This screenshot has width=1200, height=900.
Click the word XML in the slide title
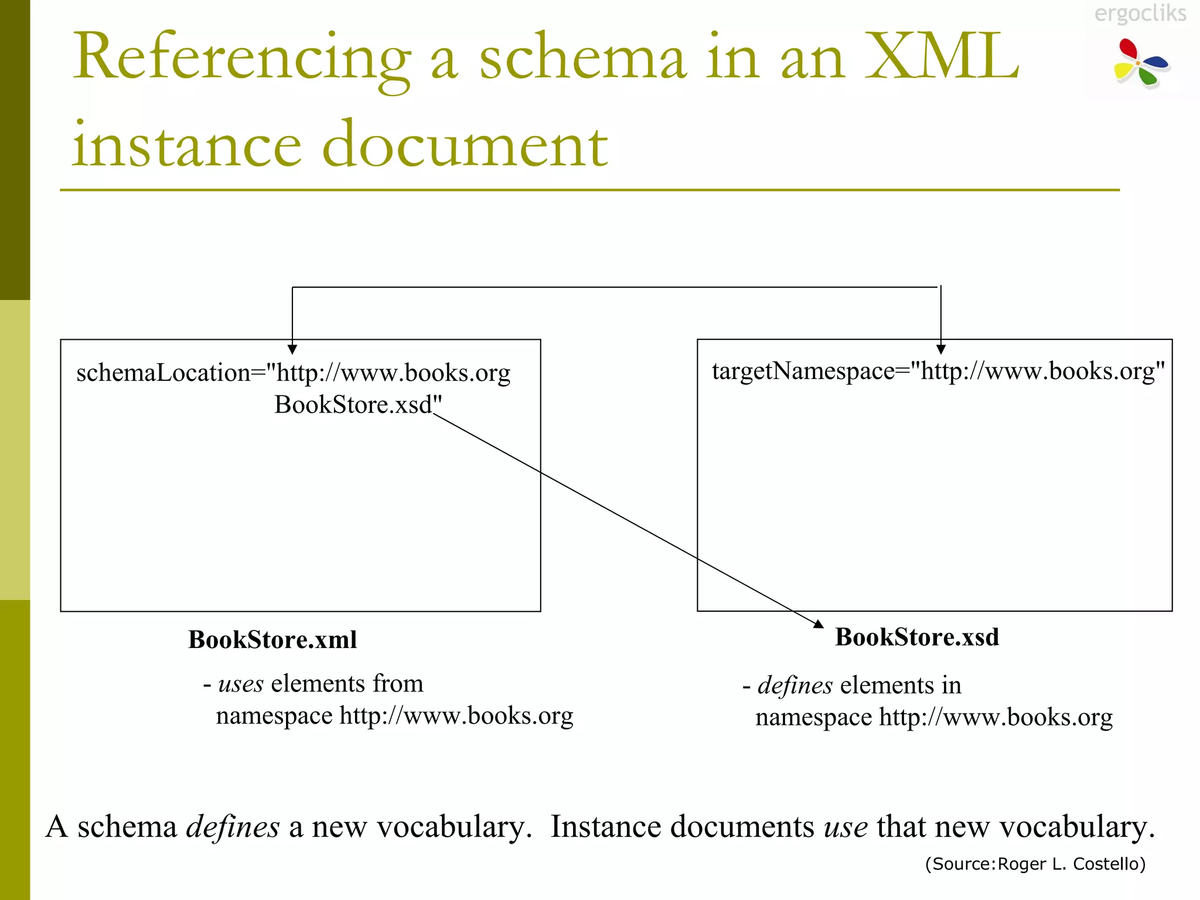(x=942, y=57)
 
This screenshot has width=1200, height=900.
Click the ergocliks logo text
(x=1140, y=13)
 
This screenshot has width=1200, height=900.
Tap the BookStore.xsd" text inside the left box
(x=358, y=405)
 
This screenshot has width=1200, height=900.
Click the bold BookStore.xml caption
(x=272, y=639)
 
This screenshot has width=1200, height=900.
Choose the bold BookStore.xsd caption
(x=917, y=637)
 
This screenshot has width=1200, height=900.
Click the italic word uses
(x=241, y=684)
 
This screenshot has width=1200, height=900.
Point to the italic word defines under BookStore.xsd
(x=795, y=685)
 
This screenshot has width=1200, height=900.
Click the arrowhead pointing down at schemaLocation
(x=292, y=350)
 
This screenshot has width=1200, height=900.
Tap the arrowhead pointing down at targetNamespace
(x=941, y=350)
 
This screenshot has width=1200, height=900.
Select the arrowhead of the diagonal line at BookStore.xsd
(x=819, y=624)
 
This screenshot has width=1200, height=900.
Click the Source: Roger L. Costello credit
(x=1035, y=864)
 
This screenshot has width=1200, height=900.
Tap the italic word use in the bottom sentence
(x=846, y=827)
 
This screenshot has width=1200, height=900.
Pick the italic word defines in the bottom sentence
(x=233, y=827)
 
